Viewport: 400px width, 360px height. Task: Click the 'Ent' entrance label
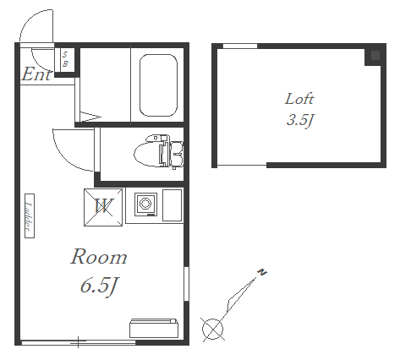tap(36, 74)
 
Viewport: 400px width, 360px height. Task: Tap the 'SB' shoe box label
tap(65, 59)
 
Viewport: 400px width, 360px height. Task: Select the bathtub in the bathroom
tap(158, 85)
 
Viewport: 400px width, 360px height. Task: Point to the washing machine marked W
tap(103, 207)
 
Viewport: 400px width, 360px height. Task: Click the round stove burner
tap(145, 204)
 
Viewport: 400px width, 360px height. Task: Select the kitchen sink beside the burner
tap(172, 205)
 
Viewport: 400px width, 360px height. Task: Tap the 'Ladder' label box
tap(30, 215)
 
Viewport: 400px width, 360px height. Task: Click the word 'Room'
tap(99, 257)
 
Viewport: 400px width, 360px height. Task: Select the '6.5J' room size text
tap(99, 286)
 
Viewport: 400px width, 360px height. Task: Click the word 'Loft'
tap(299, 99)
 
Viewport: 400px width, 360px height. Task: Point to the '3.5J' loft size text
tap(300, 120)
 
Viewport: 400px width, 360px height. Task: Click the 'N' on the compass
tap(262, 272)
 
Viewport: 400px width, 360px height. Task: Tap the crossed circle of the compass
tap(213, 329)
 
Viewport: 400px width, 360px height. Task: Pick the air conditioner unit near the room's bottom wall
tap(154, 328)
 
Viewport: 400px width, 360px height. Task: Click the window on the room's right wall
tap(186, 284)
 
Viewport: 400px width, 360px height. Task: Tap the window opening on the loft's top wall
tap(240, 46)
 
